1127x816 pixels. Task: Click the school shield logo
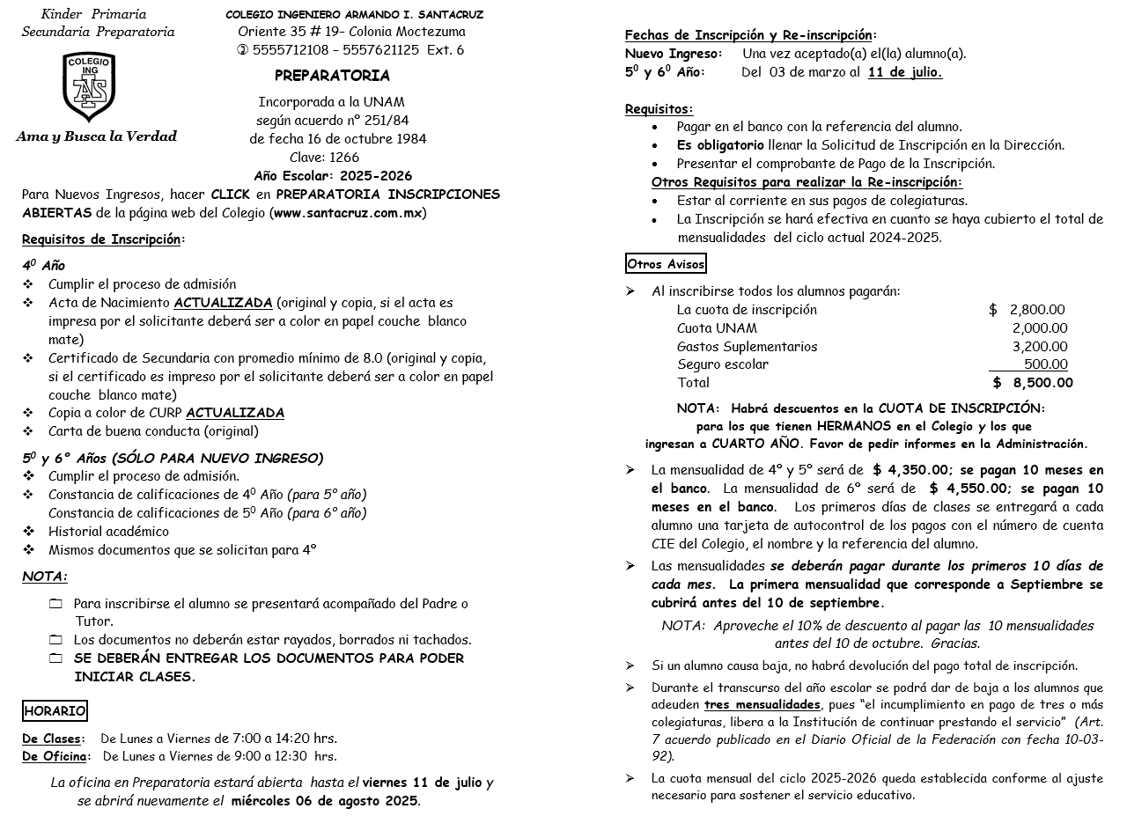(x=88, y=86)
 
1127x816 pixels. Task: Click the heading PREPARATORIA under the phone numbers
(x=332, y=76)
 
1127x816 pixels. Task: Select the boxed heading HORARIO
(x=55, y=711)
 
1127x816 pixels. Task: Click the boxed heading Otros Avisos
(x=666, y=264)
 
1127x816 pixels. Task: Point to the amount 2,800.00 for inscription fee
(x=1036, y=310)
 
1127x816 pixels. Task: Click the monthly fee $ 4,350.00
(x=910, y=470)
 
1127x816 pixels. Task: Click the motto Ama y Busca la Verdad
(x=97, y=136)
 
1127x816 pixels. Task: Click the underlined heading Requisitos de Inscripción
(x=101, y=239)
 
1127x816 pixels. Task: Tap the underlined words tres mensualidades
(x=762, y=705)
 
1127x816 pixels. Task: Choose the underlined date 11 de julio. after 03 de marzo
(x=904, y=73)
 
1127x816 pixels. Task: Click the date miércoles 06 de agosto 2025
(x=324, y=801)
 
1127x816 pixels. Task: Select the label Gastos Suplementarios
(x=747, y=347)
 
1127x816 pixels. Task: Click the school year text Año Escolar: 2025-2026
(x=333, y=176)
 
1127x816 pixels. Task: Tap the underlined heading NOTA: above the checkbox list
(x=44, y=577)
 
